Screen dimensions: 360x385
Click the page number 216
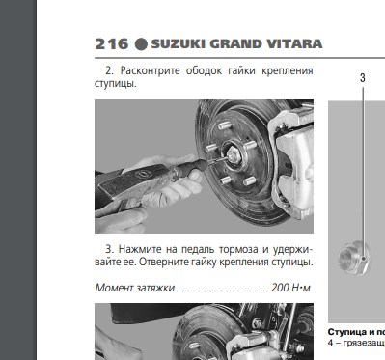pyautogui.click(x=112, y=44)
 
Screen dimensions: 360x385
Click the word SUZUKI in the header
pyautogui.click(x=180, y=44)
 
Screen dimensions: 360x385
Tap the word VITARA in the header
pyautogui.click(x=292, y=44)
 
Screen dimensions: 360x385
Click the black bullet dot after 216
pyautogui.click(x=140, y=44)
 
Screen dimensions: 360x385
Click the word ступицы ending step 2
pyautogui.click(x=115, y=83)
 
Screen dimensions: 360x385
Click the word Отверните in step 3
pyautogui.click(x=169, y=262)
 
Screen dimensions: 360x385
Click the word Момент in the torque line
pyautogui.click(x=117, y=287)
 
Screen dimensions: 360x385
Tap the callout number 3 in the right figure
pyautogui.click(x=362, y=76)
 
